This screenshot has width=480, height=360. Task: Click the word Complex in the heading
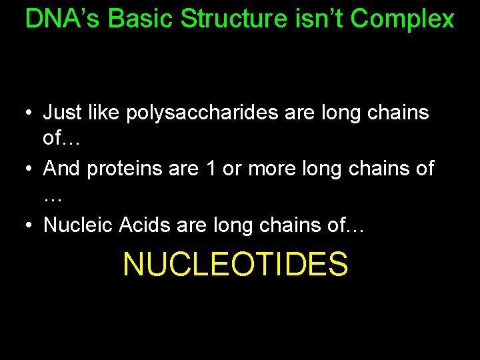tap(402, 19)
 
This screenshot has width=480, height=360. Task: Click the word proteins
tap(126, 169)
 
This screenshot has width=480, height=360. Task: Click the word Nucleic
tap(78, 225)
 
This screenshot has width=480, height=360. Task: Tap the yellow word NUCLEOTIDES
tap(235, 264)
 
